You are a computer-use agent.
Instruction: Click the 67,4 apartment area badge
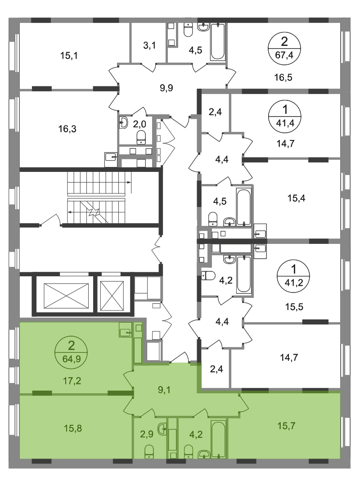point(284,48)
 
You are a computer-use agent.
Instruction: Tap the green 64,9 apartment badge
point(71,352)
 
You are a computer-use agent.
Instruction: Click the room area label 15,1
point(69,56)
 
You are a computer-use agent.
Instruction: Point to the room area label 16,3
point(67,129)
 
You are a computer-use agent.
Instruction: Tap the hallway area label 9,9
point(166,88)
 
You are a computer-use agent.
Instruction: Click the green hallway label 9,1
point(164,390)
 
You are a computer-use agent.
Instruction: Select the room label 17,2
point(72,380)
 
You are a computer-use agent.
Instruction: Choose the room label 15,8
point(73,428)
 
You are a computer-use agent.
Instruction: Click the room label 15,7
point(287,426)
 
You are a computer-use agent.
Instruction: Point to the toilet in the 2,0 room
point(141,137)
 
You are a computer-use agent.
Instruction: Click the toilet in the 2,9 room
point(149,451)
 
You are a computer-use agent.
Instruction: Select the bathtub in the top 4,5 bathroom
point(217,42)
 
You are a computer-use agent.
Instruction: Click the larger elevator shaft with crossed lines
point(66,296)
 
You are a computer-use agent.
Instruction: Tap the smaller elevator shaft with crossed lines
point(112,296)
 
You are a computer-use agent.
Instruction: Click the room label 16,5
point(283,77)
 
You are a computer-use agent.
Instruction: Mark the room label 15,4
point(296,198)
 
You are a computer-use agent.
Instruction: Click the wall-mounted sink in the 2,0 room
point(123,122)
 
